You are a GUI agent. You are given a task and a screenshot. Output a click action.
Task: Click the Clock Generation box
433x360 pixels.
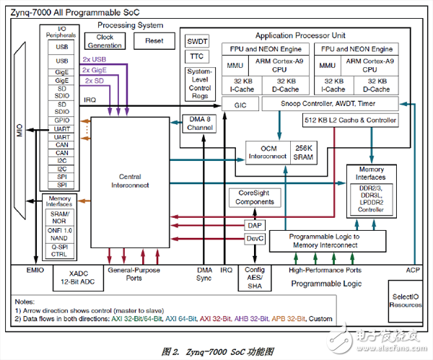[x=105, y=41]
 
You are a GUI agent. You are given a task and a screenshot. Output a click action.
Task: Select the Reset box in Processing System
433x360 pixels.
[x=154, y=41]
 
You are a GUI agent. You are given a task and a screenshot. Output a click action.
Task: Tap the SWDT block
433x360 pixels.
[x=198, y=41]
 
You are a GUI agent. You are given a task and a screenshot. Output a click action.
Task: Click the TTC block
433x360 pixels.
[x=198, y=56]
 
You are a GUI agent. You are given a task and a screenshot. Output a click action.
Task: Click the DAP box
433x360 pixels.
[x=255, y=225]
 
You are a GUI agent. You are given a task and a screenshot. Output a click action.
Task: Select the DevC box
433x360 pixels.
[x=255, y=238]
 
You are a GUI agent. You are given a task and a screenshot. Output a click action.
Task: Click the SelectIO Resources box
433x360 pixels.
[x=405, y=300]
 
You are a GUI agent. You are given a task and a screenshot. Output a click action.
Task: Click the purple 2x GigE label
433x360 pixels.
[x=95, y=70]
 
